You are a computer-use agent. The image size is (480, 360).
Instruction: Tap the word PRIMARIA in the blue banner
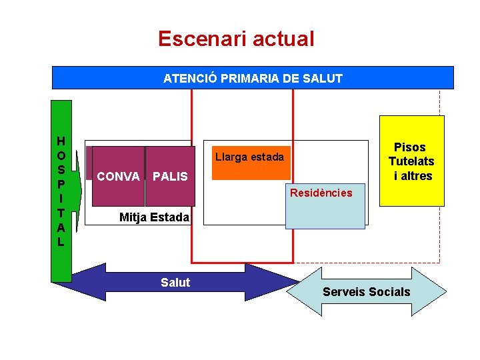click(x=252, y=78)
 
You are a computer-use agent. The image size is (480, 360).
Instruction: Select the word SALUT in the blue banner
click(x=322, y=78)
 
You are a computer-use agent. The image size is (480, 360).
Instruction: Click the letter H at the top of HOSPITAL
click(x=61, y=141)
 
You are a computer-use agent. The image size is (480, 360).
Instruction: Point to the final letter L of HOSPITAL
click(x=61, y=242)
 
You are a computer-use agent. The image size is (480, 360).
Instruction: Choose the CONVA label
click(x=118, y=177)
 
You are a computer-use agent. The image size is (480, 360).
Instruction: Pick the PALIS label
click(x=170, y=177)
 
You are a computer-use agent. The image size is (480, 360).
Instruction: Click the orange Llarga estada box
click(x=251, y=163)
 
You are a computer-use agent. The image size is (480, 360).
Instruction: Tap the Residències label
click(x=320, y=193)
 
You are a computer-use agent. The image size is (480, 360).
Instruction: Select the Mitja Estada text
click(x=154, y=217)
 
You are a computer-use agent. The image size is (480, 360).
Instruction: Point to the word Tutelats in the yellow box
click(x=411, y=161)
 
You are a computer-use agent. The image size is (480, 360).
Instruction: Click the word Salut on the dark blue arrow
click(x=175, y=283)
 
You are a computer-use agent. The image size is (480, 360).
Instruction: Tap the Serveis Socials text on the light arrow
click(x=367, y=292)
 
